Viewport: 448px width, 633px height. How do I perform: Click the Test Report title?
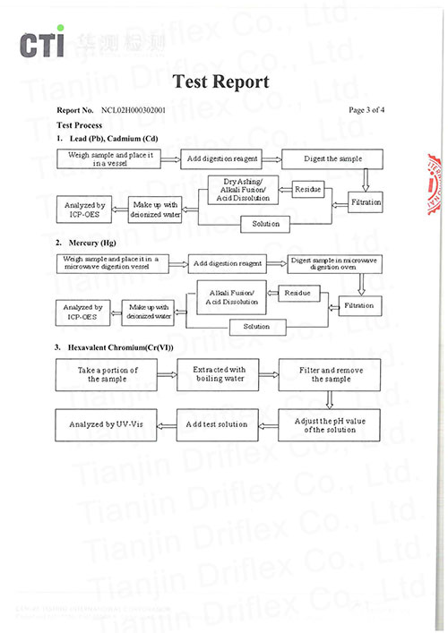coord(220,82)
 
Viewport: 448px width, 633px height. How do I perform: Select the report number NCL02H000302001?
coord(140,110)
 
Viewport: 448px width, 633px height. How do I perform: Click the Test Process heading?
coord(79,125)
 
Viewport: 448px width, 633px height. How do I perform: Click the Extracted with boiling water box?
coord(220,374)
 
